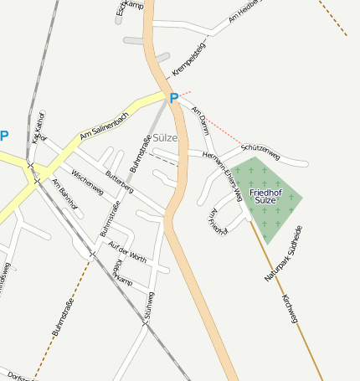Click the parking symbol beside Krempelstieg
174,98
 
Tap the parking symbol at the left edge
4,136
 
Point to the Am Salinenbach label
105,124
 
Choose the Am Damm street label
201,121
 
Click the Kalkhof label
38,127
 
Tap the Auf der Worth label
127,252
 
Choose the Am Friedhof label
217,221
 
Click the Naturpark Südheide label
285,253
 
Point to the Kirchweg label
291,308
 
